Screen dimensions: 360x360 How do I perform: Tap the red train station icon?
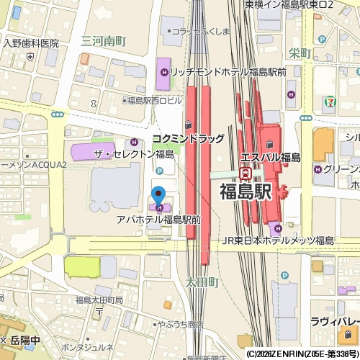[246, 173]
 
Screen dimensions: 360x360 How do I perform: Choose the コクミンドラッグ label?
[188, 138]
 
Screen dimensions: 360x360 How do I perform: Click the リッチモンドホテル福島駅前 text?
[229, 72]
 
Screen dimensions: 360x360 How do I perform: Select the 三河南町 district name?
[104, 42]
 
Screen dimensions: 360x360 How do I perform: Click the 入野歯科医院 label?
[30, 43]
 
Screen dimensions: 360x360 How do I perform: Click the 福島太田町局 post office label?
[99, 300]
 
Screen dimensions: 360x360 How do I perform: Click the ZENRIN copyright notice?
[302, 354]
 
